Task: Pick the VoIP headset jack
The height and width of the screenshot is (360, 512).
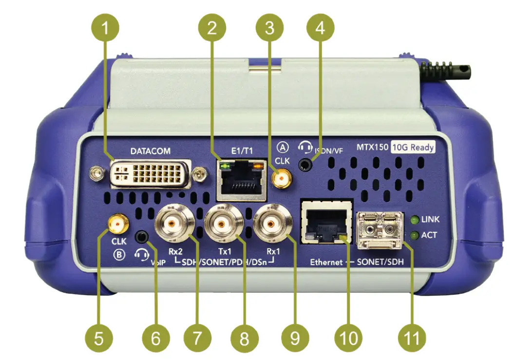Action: click(141, 236)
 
